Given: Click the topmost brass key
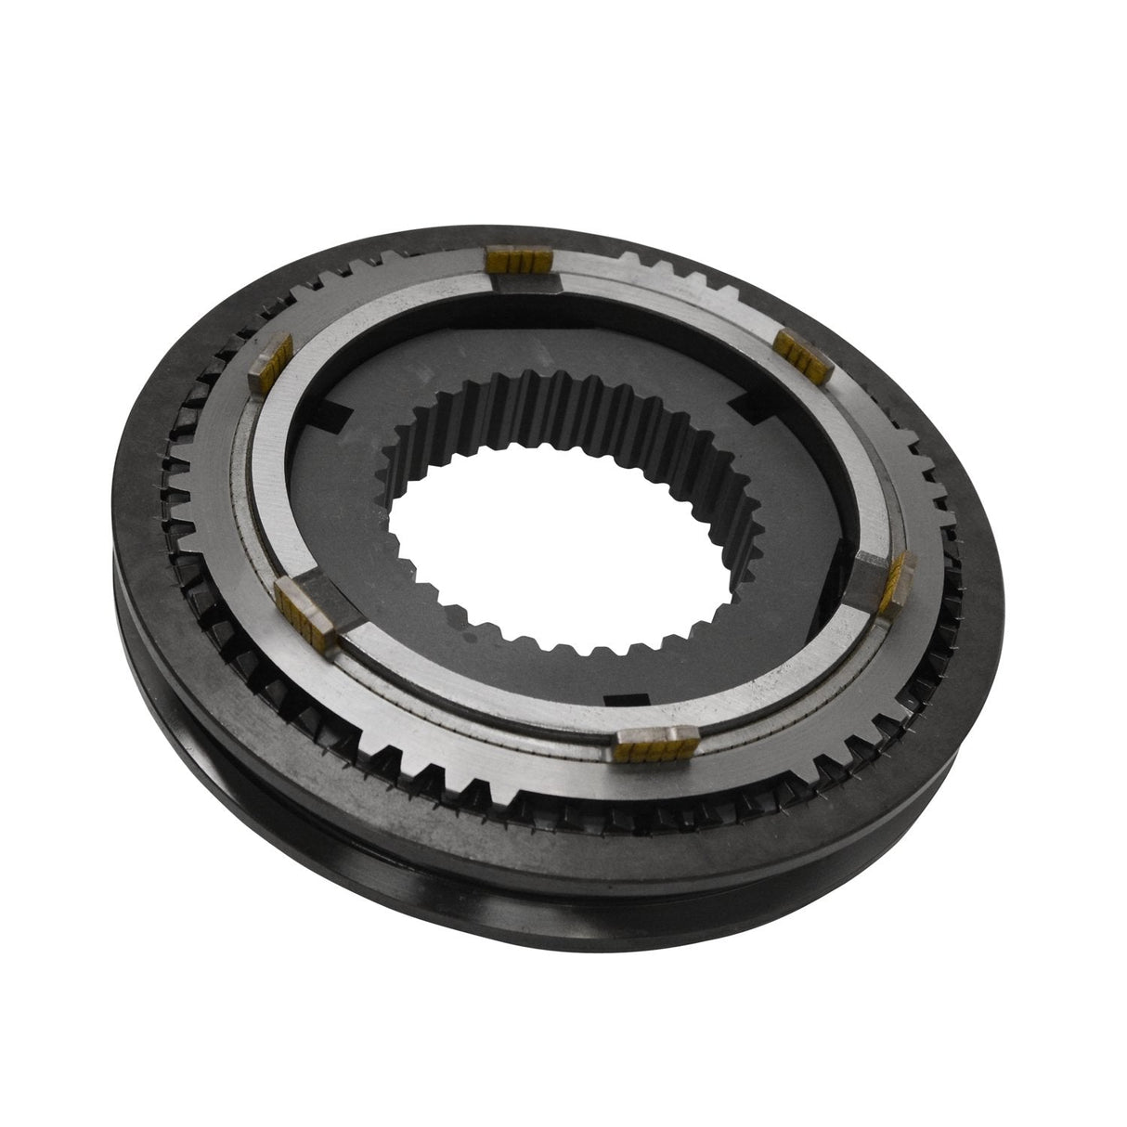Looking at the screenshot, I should [x=520, y=263].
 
